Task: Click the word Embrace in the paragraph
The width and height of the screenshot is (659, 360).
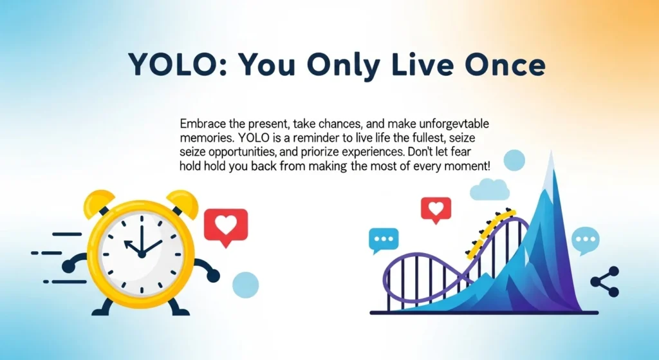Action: pos(201,123)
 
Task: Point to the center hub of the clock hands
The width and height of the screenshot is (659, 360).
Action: pos(142,254)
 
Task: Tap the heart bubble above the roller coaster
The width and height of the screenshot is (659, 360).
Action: pos(436,209)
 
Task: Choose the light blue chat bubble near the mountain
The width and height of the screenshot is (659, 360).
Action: pos(585,240)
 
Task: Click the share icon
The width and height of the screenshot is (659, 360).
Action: pos(605,281)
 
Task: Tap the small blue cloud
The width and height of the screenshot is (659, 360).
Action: pos(490,189)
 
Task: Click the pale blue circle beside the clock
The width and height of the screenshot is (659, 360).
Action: pos(245,284)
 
